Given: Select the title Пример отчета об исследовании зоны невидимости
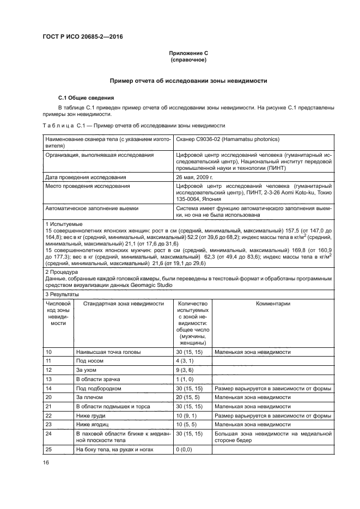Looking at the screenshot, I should point(188,80).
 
